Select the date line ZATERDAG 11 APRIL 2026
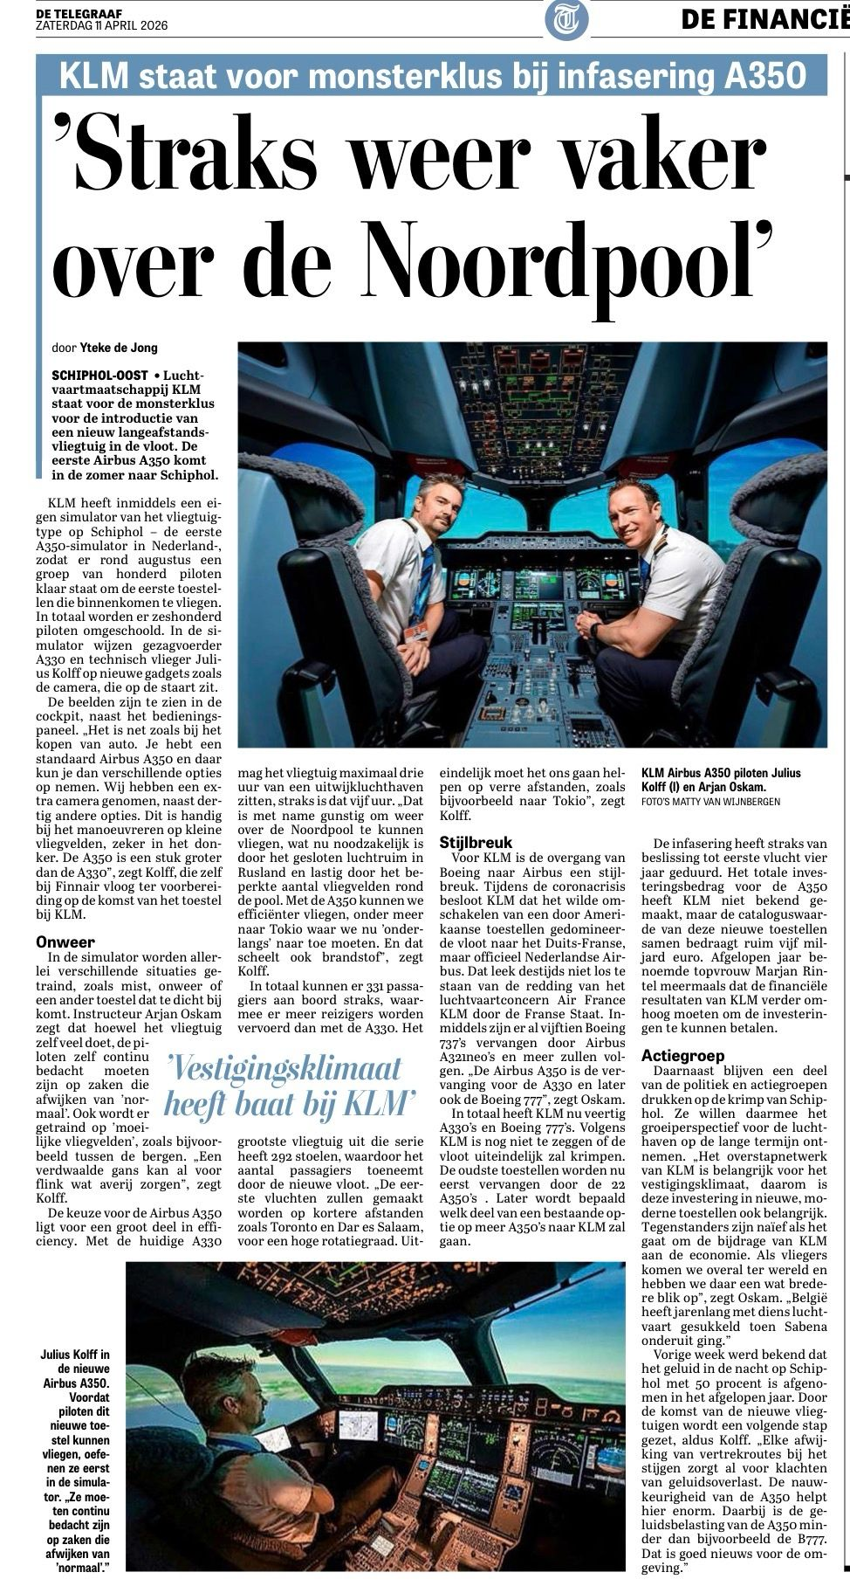pos(101,26)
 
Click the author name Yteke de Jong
pos(119,348)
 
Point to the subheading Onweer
pos(66,942)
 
